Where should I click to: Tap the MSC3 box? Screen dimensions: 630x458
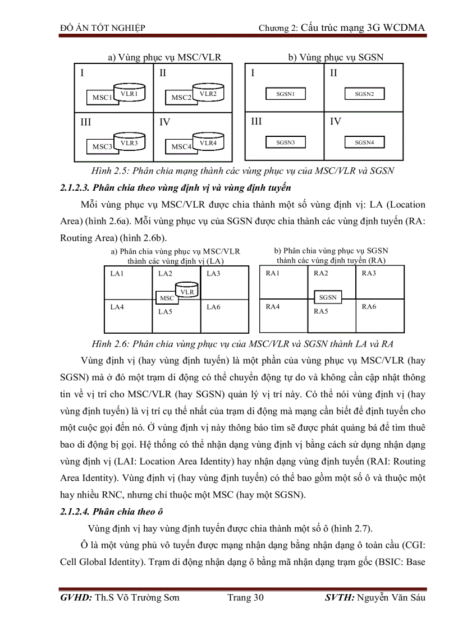[102, 147]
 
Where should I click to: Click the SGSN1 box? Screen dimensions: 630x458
[285, 94]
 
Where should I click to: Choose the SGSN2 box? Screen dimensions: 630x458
[364, 94]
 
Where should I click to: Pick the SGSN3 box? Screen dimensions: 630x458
[285, 143]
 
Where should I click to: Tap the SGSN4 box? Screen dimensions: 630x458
[364, 143]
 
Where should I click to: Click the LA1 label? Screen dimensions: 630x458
[117, 274]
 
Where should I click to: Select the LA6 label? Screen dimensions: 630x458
[213, 307]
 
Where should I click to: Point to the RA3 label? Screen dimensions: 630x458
[369, 274]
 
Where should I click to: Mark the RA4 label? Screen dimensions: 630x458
[273, 307]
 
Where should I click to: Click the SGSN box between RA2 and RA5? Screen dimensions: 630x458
[328, 297]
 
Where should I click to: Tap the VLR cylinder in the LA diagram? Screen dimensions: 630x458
[187, 292]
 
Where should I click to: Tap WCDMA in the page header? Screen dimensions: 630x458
[404, 27]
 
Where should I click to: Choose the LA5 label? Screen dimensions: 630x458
[165, 311]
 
